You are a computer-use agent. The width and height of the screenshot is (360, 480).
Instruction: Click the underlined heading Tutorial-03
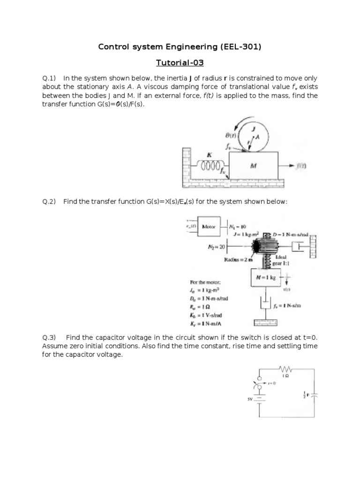[180, 62]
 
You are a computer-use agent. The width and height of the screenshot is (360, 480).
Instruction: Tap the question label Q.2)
[49, 202]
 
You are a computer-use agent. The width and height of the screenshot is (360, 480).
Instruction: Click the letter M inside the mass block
[253, 165]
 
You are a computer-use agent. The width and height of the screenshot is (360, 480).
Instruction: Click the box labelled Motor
[209, 226]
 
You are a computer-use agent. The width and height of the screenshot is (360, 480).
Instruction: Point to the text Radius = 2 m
[238, 259]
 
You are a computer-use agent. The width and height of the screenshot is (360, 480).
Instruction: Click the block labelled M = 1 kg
[264, 278]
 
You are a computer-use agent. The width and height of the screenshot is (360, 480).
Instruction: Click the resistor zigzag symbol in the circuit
[285, 368]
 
